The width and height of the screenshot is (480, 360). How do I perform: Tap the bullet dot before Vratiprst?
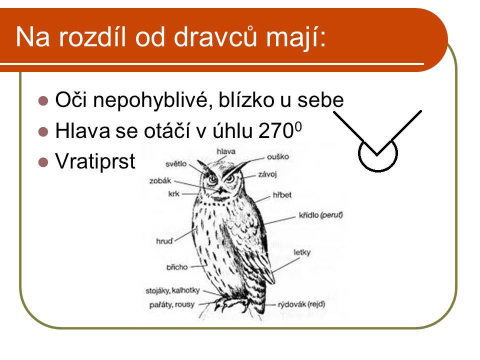click(x=43, y=162)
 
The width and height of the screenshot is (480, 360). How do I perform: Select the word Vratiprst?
click(x=95, y=161)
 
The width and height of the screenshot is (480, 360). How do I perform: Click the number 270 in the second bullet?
click(x=276, y=131)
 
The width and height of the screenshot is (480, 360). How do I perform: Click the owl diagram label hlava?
click(x=226, y=151)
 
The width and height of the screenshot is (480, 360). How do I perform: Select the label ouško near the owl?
click(x=278, y=156)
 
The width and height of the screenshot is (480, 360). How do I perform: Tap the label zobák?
click(x=160, y=181)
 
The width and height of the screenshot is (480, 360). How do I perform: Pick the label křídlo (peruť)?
click(x=320, y=215)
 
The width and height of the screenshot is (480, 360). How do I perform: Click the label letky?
click(x=302, y=252)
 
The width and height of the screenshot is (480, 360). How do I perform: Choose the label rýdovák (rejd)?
click(x=301, y=304)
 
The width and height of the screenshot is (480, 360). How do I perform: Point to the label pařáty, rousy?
click(x=171, y=305)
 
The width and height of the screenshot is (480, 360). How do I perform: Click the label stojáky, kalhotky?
click(x=172, y=290)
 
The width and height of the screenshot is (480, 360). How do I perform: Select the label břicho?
click(x=177, y=267)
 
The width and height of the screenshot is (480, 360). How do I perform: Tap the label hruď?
click(x=164, y=241)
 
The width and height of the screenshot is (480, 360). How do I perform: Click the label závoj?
click(x=267, y=174)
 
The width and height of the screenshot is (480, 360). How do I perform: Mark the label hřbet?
click(x=282, y=195)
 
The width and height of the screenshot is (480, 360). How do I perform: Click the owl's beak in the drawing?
click(x=220, y=190)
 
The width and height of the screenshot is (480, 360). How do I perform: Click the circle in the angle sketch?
click(x=378, y=170)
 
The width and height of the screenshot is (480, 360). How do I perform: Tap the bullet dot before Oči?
click(x=43, y=100)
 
